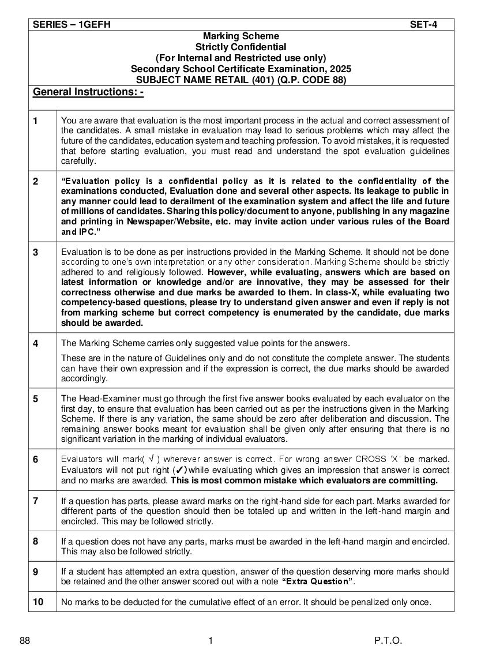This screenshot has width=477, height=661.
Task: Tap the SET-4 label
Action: pyautogui.click(x=423, y=24)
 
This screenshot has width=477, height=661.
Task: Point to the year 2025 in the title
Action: pyautogui.click(x=339, y=69)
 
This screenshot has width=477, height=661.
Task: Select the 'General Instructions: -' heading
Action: pyautogui.click(x=88, y=92)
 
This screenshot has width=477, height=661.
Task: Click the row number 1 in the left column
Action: pyautogui.click(x=36, y=121)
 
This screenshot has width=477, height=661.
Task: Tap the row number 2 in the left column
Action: pyautogui.click(x=36, y=181)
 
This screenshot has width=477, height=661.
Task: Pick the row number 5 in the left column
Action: pyautogui.click(x=36, y=399)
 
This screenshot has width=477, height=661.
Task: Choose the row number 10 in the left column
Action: pyautogui.click(x=38, y=602)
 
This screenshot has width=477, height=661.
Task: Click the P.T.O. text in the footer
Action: pyautogui.click(x=388, y=641)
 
